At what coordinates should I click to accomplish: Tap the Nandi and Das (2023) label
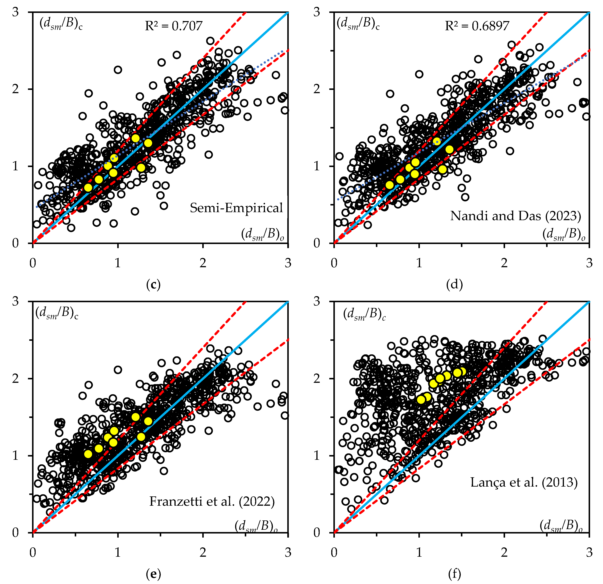tap(516, 216)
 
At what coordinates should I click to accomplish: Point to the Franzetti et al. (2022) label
tap(212, 502)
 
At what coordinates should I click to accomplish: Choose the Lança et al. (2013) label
tap(524, 482)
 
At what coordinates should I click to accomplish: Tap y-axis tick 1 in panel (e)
tap(15, 456)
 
